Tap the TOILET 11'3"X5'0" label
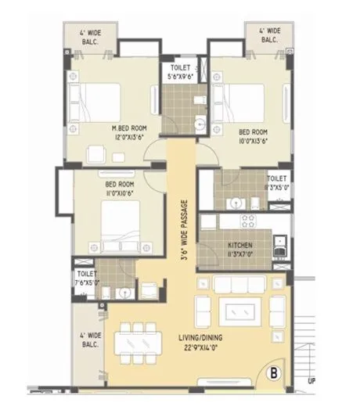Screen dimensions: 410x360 pos(277,182)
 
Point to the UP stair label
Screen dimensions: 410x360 pos(312,383)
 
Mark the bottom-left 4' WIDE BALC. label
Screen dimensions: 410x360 pos(88,342)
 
